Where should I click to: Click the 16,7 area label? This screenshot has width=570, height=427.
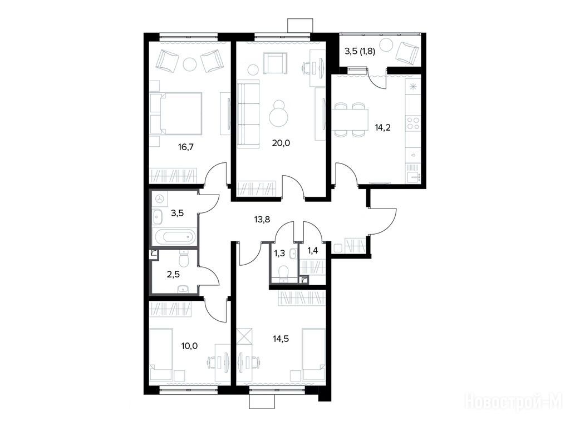[x=186, y=147]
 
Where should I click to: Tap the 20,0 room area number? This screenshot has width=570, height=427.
[x=281, y=143]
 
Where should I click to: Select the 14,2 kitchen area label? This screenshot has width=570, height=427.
[x=383, y=127]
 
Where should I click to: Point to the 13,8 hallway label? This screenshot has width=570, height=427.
[x=262, y=219]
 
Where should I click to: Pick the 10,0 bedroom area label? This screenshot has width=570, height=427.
[x=189, y=346]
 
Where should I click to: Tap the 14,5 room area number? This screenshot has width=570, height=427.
[x=281, y=339]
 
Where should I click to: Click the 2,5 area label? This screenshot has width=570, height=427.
[x=174, y=274]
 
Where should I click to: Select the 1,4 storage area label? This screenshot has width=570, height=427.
[x=313, y=250]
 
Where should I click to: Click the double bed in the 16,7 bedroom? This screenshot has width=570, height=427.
[x=176, y=113]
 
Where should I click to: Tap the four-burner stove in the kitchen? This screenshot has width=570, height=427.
[x=413, y=123]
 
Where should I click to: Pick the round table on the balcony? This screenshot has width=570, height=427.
[x=386, y=46]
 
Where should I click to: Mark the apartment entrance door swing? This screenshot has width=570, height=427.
[x=382, y=221]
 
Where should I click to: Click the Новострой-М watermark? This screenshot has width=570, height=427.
[x=514, y=401]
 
